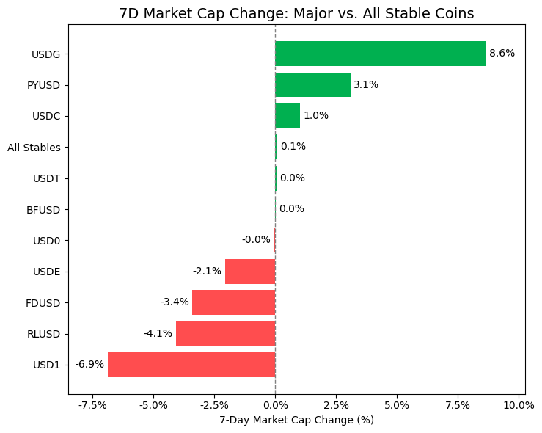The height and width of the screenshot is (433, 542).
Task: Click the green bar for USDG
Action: (x=380, y=54)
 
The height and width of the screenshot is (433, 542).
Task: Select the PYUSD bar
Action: (x=312, y=84)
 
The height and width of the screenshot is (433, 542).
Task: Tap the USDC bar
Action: (x=288, y=116)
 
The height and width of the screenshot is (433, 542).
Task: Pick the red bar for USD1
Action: (x=191, y=365)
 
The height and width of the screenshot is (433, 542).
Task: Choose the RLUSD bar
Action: (x=225, y=333)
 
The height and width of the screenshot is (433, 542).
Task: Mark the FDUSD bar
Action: (x=233, y=302)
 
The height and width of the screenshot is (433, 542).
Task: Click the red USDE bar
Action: (x=250, y=272)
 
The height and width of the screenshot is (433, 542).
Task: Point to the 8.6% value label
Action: (x=502, y=54)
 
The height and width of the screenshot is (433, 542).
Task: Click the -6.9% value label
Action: (x=89, y=365)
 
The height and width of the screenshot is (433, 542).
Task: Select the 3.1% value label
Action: (x=366, y=84)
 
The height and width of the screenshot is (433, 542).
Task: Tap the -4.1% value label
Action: (x=158, y=333)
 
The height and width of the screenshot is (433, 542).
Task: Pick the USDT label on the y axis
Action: (x=46, y=178)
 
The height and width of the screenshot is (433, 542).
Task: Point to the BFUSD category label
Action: (x=43, y=210)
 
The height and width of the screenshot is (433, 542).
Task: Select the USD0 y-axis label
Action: (x=46, y=241)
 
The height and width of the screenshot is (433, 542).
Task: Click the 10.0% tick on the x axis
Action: (x=519, y=404)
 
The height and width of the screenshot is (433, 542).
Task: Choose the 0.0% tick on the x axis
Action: (x=275, y=404)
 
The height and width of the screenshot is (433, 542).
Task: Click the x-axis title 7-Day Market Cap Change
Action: (x=296, y=420)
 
